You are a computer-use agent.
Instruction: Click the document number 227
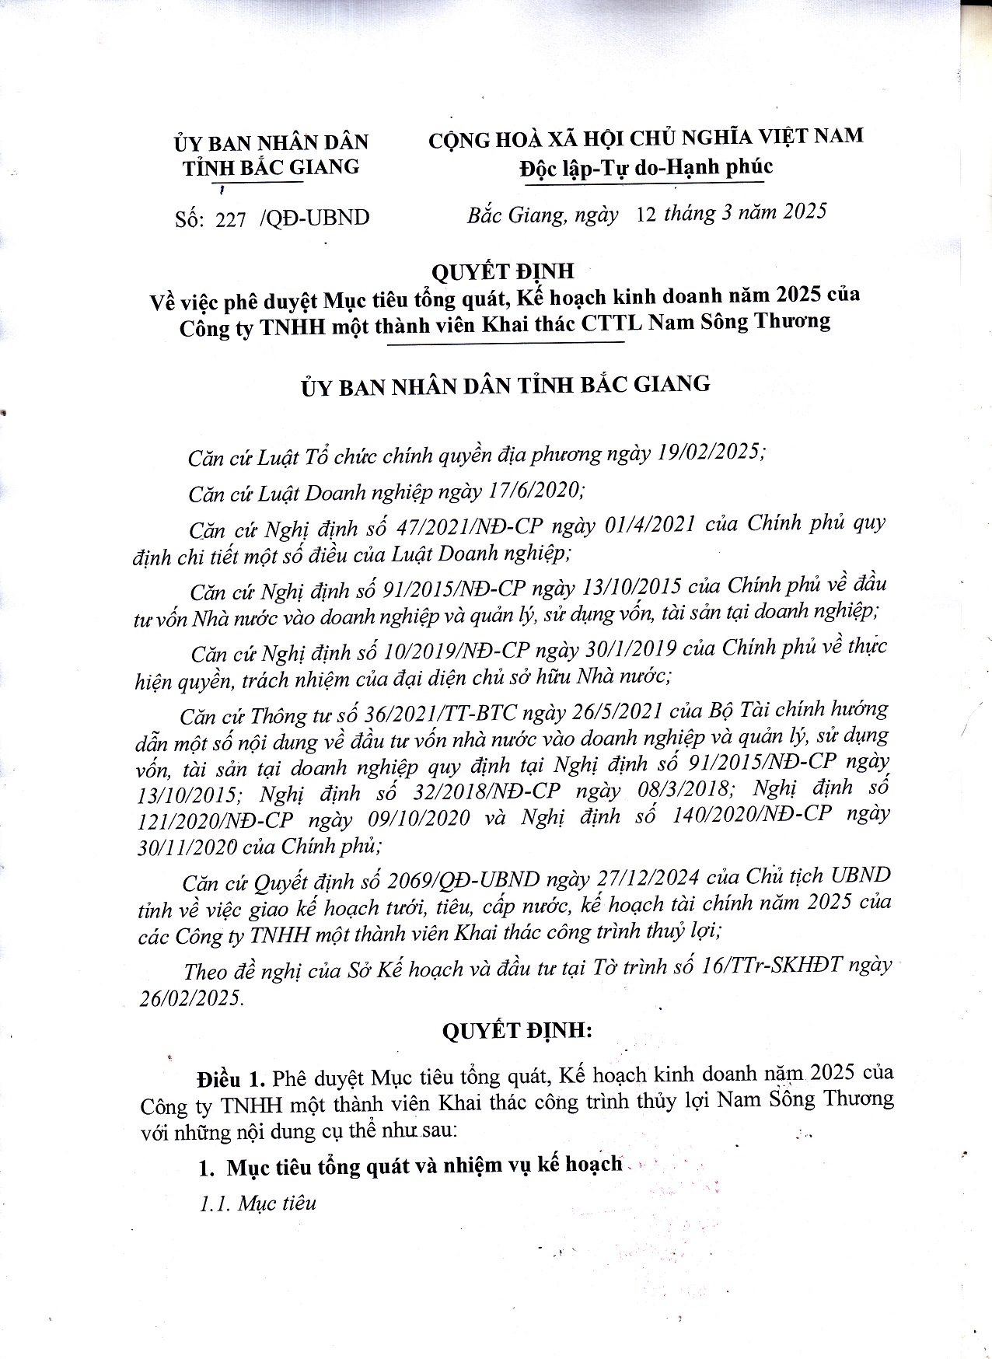[x=231, y=219]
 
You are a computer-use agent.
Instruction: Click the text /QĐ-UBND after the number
[x=316, y=218]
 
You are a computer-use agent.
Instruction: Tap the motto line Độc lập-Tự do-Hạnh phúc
[x=646, y=166]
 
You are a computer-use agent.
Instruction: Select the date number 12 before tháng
[x=646, y=214]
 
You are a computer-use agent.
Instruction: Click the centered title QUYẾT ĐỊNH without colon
[x=503, y=271]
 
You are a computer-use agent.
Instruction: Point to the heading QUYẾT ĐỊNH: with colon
[x=517, y=1031]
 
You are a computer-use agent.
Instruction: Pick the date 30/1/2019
[x=629, y=648]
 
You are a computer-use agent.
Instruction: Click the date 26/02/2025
[x=190, y=998]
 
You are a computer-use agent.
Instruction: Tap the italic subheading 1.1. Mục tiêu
[x=258, y=1204]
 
